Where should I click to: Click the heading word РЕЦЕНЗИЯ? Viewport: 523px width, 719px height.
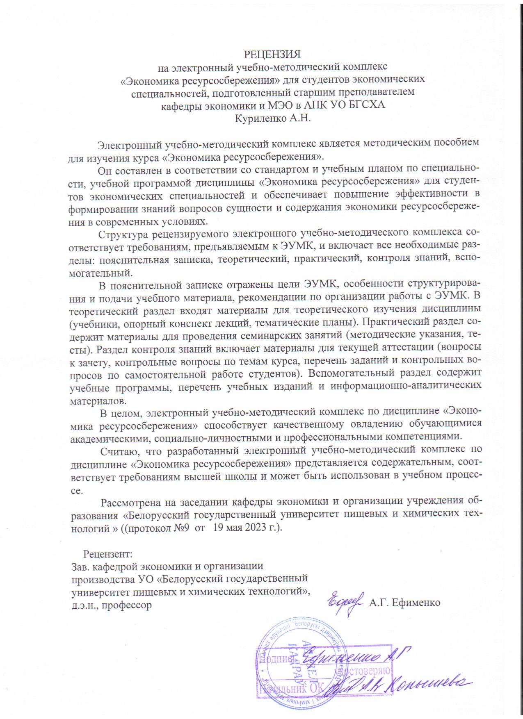click(273, 54)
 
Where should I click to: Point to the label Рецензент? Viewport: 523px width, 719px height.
click(108, 554)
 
